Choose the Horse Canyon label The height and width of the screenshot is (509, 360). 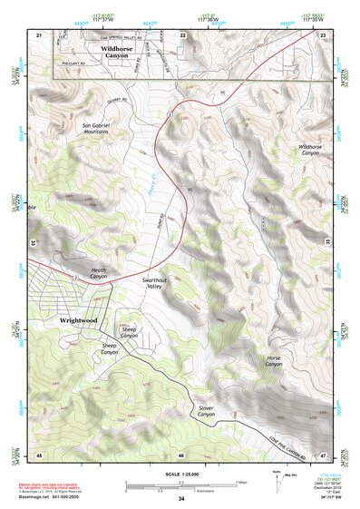pyautogui.click(x=275, y=362)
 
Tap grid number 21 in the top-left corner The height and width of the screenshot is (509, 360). pyautogui.click(x=39, y=34)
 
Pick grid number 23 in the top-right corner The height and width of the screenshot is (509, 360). pyautogui.click(x=323, y=34)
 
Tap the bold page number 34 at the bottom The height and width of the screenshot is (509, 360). pyautogui.click(x=180, y=499)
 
